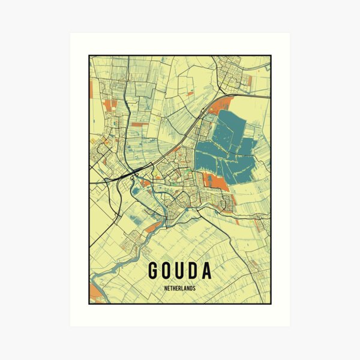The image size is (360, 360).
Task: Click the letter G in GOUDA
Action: click(154, 271)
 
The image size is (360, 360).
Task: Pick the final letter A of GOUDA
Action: click(207, 271)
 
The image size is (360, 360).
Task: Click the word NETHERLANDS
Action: click(180, 287)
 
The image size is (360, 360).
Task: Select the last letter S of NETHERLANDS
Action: click(195, 287)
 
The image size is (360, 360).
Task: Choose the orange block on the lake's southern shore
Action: click(217, 182)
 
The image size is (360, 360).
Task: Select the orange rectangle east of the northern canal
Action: click(139, 124)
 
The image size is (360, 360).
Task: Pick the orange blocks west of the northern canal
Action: click(109, 106)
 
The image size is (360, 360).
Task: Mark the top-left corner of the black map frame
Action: click(89, 56)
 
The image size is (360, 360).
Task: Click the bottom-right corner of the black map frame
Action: click(271, 304)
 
